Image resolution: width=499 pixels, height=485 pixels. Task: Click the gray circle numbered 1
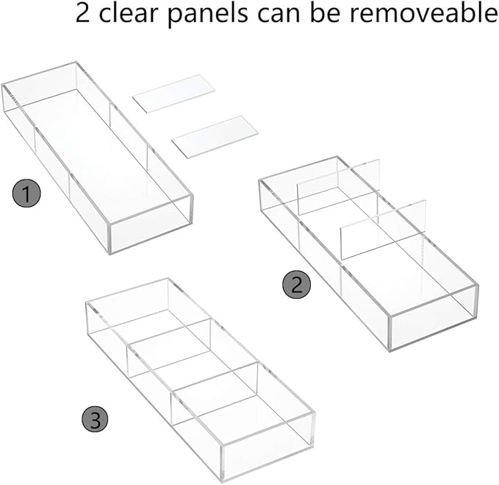tap(27, 195)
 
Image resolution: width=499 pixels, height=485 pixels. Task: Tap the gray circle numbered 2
tap(296, 286)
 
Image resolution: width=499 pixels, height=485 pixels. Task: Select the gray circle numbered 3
tap(95, 419)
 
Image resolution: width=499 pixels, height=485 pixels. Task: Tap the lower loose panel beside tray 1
tap(215, 136)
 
